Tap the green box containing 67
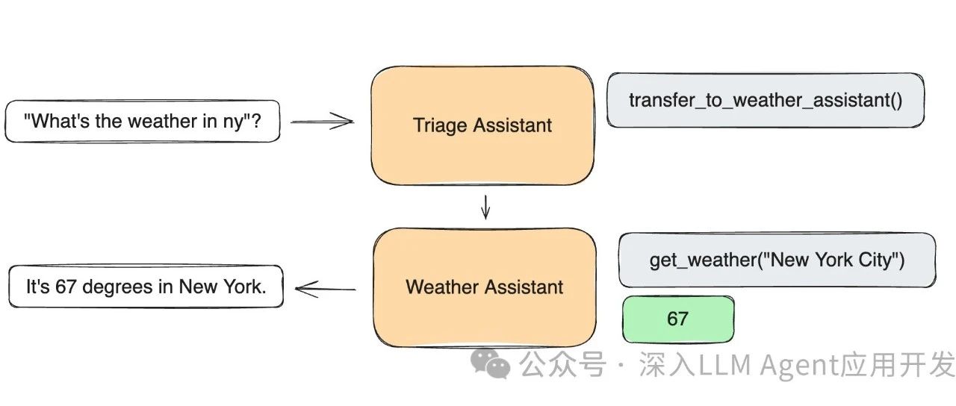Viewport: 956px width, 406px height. pyautogui.click(x=677, y=319)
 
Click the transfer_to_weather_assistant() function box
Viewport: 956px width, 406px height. pyautogui.click(x=766, y=100)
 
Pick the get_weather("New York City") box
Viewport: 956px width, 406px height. pyautogui.click(x=777, y=260)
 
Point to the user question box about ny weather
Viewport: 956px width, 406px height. pyautogui.click(x=143, y=121)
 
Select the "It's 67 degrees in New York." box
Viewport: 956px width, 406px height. pyautogui.click(x=146, y=287)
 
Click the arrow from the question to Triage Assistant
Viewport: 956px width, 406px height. pyautogui.click(x=321, y=121)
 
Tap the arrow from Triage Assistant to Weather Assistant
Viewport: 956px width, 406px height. pyautogui.click(x=485, y=207)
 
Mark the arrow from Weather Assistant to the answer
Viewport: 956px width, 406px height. pyautogui.click(x=326, y=288)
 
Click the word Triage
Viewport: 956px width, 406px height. pyautogui.click(x=438, y=125)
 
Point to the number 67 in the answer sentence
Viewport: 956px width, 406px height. pyautogui.click(x=66, y=287)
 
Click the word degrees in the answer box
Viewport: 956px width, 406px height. pyautogui.click(x=114, y=287)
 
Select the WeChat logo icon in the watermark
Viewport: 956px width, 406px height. pyautogui.click(x=489, y=365)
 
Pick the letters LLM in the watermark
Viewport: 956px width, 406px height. pyautogui.click(x=721, y=366)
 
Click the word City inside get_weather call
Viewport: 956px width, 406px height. pyautogui.click(x=878, y=260)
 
